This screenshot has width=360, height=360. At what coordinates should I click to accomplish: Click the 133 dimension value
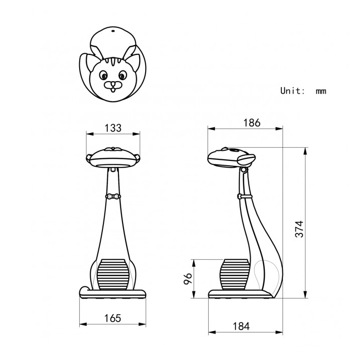point(113,128)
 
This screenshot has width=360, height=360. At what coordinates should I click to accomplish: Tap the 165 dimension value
point(112,318)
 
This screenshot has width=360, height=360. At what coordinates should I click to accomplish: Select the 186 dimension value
point(252,123)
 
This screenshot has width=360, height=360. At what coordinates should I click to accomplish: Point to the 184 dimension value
point(241,326)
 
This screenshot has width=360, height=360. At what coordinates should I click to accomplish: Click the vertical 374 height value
point(299,229)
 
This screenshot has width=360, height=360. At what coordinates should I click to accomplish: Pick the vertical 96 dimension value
point(188,278)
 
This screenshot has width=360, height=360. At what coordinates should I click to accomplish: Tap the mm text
point(321,91)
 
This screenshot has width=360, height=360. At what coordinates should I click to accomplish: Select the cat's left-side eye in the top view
point(103,75)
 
